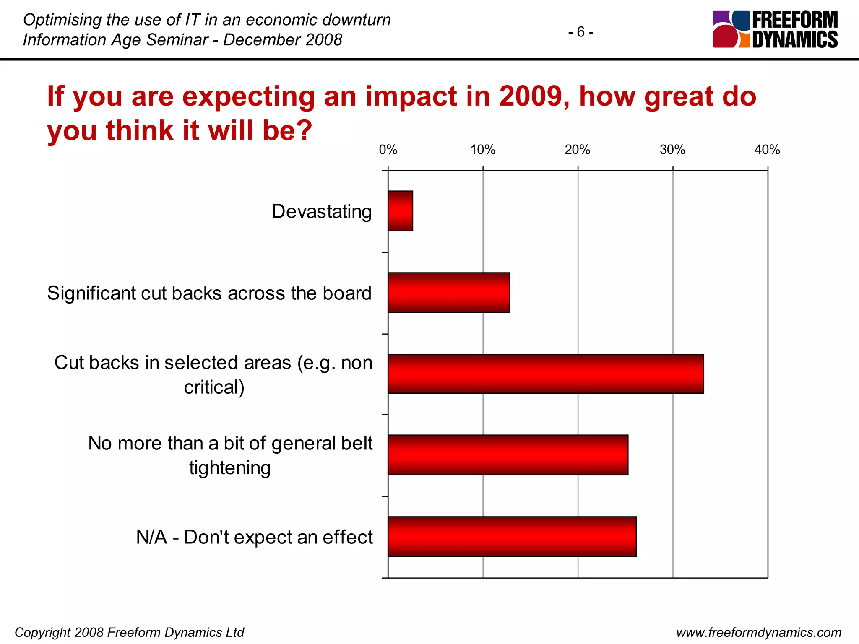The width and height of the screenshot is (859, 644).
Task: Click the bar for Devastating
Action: coord(401,211)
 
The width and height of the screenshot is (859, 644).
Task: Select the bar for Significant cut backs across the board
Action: coord(449,293)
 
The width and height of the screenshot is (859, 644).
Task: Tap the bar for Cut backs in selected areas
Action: coord(546,374)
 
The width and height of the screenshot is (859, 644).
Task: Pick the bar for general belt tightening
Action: coord(508,455)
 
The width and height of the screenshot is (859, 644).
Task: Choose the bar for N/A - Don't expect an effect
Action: coord(512,537)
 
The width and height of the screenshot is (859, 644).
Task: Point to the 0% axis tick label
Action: coord(388,150)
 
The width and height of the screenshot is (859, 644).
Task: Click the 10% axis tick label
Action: coord(483,150)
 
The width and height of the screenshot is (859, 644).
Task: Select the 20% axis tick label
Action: coord(578,150)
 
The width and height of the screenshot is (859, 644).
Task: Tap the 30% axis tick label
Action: coord(672,150)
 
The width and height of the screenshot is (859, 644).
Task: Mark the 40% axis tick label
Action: coord(767,150)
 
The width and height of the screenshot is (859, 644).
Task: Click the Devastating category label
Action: coord(322,211)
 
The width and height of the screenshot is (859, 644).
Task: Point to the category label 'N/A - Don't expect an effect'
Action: coord(254,537)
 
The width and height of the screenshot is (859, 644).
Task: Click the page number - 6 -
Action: coord(581,32)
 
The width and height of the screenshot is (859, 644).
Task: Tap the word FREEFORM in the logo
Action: coord(795,20)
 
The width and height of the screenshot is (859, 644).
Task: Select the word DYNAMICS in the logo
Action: coord(795,39)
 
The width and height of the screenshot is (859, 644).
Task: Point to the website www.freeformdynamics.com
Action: coord(759,632)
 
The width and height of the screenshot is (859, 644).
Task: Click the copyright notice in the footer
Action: coord(129,632)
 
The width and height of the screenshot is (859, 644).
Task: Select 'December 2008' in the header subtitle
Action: coord(283,40)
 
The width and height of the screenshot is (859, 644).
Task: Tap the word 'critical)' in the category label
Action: coord(214,387)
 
